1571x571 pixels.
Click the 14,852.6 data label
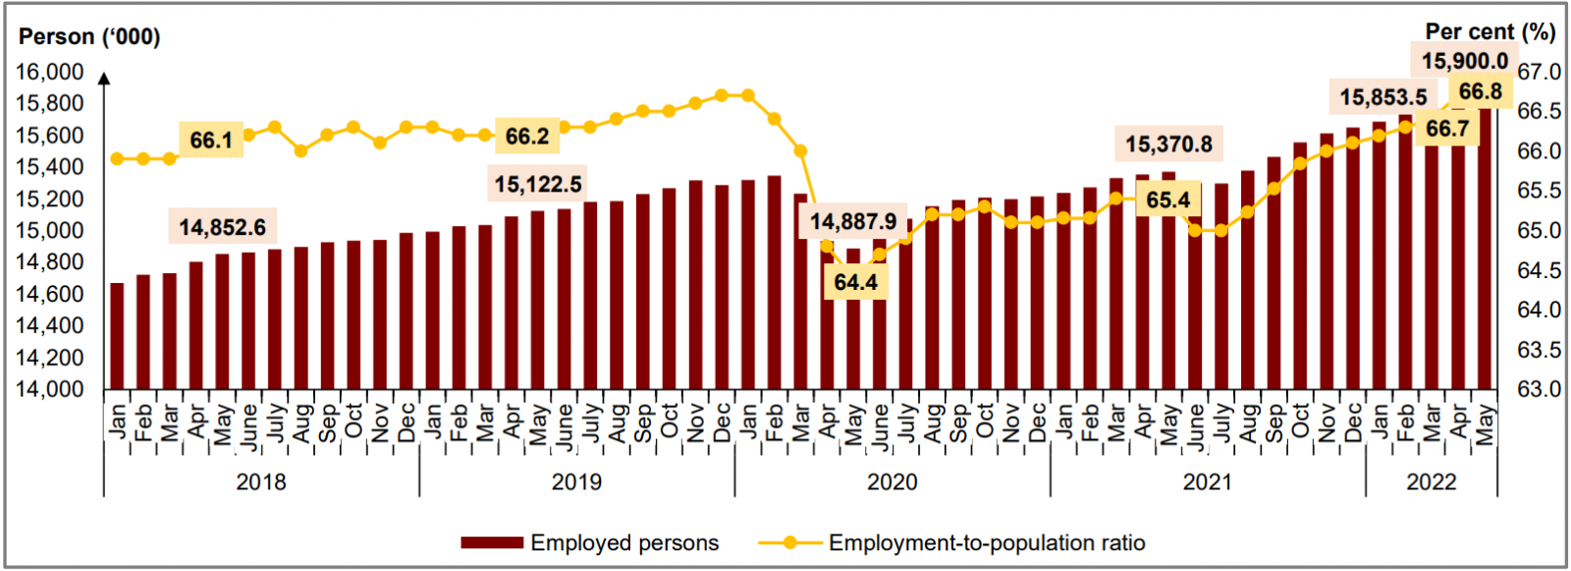tap(222, 227)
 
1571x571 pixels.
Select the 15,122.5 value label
tap(538, 184)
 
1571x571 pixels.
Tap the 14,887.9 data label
tap(853, 221)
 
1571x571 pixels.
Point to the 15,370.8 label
tap(1168, 144)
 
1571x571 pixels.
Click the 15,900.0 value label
tap(1464, 61)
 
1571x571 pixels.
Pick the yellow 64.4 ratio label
tap(855, 282)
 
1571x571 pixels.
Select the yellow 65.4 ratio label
tap(1167, 200)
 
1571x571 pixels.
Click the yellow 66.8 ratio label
tap(1480, 91)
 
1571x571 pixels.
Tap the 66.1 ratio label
tap(211, 140)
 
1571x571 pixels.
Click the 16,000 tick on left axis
tap(49, 72)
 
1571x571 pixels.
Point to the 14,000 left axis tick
tap(49, 389)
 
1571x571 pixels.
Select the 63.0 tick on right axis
tap(1539, 389)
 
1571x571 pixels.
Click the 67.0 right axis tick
tap(1539, 72)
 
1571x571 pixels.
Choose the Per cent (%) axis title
tap(1490, 32)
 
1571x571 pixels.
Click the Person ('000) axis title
tap(89, 36)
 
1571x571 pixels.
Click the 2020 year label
tap(892, 482)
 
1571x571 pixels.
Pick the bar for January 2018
tap(118, 336)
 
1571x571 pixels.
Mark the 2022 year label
tap(1431, 482)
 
